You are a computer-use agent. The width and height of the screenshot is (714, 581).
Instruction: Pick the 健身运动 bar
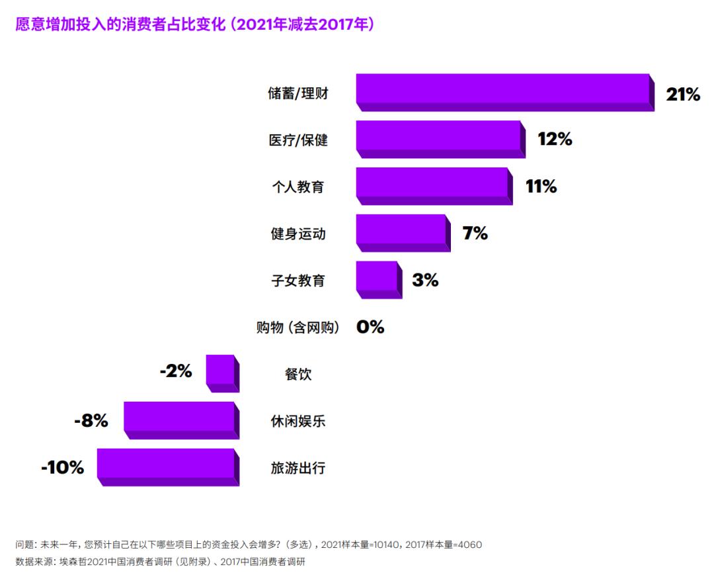402,232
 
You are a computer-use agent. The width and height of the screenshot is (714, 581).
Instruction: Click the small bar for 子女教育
377,279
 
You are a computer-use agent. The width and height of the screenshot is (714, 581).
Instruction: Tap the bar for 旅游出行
167,467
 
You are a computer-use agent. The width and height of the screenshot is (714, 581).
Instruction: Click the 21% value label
682,95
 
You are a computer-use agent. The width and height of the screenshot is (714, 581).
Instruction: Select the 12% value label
555,139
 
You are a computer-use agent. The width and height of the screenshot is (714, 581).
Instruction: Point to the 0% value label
370,327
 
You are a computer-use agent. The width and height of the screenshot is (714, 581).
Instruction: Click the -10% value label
63,468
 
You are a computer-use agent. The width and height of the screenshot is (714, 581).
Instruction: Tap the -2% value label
176,371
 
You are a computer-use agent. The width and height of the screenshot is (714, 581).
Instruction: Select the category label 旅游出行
298,469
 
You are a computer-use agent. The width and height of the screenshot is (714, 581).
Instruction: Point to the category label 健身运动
298,234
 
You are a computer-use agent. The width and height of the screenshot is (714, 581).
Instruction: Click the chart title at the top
195,24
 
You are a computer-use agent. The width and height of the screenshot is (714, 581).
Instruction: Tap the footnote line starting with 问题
249,545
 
